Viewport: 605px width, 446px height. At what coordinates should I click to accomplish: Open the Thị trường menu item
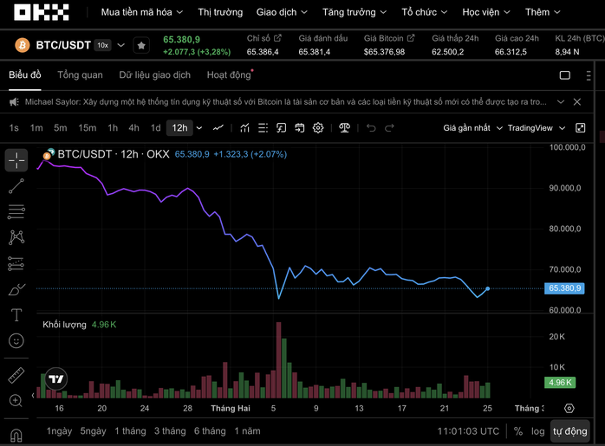220,13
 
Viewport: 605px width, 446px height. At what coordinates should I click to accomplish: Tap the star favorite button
141,45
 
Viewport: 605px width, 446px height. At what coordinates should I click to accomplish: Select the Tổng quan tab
80,75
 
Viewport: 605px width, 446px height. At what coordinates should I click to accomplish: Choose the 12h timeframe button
179,128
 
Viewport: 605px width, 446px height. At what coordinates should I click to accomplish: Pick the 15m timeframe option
87,128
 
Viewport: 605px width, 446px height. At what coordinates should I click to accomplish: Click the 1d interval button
156,128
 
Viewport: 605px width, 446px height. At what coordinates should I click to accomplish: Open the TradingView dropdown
535,128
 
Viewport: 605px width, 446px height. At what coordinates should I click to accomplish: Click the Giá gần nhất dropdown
472,128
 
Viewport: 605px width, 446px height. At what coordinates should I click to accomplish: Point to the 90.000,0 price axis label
565,188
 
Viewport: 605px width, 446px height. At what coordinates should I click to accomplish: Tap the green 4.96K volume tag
559,383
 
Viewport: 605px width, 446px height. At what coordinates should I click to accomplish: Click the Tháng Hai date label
230,408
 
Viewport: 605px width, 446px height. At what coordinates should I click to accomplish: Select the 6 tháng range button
209,430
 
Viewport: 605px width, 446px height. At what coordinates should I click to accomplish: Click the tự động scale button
570,430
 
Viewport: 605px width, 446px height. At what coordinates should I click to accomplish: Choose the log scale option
538,430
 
